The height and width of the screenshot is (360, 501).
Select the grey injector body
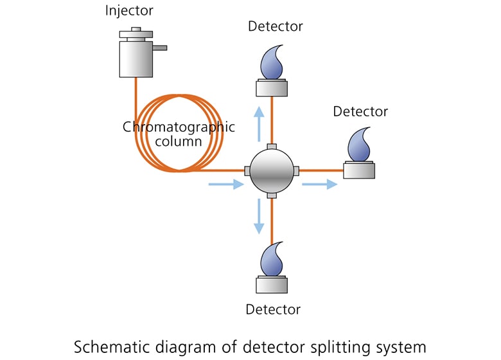click(x=135, y=59)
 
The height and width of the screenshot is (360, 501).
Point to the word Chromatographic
click(x=179, y=127)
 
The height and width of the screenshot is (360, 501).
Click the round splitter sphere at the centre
click(x=272, y=170)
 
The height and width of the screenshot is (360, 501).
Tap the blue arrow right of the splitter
click(x=319, y=184)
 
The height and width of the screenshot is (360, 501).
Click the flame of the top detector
click(x=272, y=62)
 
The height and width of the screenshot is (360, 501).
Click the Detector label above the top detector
click(x=275, y=26)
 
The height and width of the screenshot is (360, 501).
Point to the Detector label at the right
click(x=360, y=111)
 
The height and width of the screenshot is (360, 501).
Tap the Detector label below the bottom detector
click(x=273, y=309)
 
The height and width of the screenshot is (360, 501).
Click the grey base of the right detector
click(x=359, y=170)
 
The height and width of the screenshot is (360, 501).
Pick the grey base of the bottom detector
click(x=272, y=285)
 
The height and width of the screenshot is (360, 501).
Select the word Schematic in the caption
click(x=105, y=346)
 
